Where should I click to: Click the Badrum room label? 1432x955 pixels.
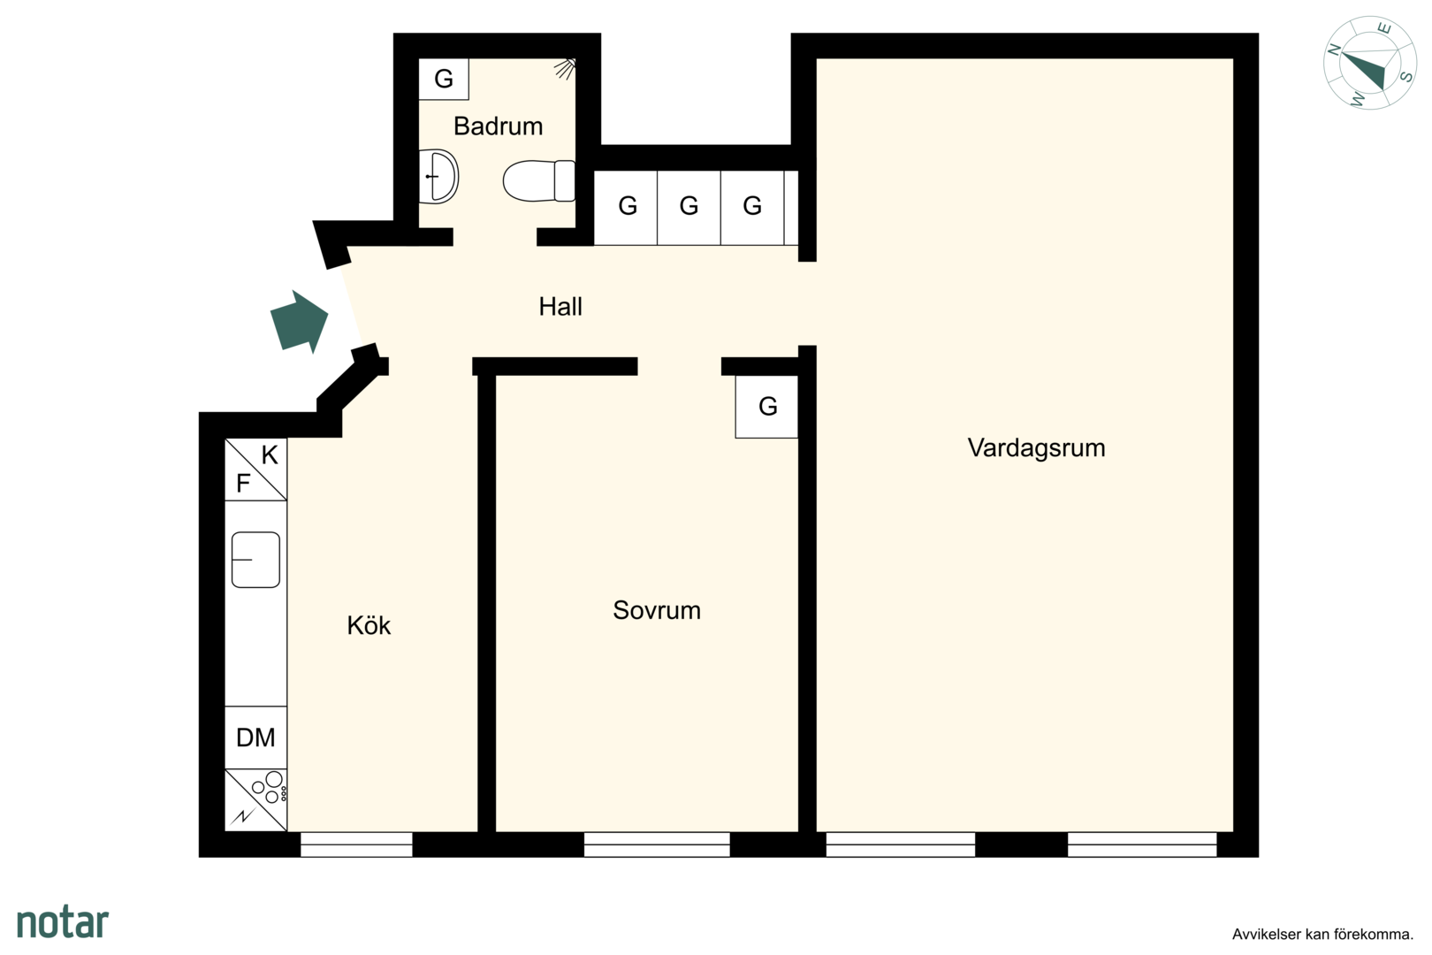click(498, 126)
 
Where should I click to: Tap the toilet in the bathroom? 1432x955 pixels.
click(539, 181)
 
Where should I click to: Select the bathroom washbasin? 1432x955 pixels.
click(438, 177)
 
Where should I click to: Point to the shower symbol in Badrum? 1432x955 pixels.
click(565, 68)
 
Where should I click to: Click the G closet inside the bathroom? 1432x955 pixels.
click(444, 79)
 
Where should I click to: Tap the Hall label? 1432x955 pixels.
click(560, 307)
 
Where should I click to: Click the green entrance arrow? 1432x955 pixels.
click(299, 321)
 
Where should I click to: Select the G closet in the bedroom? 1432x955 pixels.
click(766, 406)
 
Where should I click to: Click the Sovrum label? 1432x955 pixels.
click(657, 610)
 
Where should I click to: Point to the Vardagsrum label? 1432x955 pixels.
click(1036, 447)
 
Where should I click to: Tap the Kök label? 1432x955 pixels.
click(369, 625)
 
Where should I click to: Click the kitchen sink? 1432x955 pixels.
click(255, 560)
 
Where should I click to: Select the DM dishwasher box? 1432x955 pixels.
click(255, 737)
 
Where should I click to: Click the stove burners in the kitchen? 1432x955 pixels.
click(255, 799)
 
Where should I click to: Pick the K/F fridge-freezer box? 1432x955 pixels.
click(255, 470)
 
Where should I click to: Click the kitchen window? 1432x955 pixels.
click(356, 844)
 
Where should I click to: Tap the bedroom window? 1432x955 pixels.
click(657, 844)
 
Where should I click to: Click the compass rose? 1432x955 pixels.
click(1369, 63)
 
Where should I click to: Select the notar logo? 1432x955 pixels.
click(63, 922)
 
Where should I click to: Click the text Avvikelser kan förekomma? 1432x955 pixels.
click(1322, 935)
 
